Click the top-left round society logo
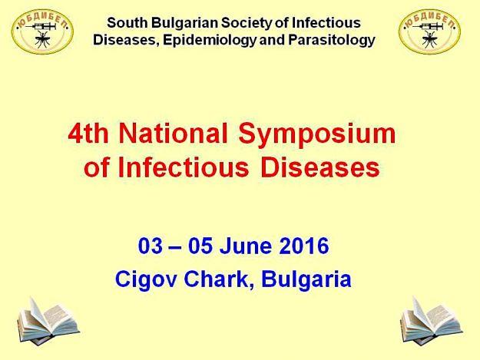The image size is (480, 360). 42,31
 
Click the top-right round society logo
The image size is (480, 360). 429,31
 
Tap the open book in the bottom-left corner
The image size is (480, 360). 48,321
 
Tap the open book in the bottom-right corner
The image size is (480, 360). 432,321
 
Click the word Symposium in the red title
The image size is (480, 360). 317,134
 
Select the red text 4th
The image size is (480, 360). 88,134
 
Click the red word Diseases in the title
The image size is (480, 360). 320,167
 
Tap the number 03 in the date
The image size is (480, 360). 151,246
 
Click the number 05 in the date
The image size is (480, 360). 200,246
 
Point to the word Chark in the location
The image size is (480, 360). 219,279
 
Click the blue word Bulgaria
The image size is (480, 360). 306,279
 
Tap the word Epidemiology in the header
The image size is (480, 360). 210,41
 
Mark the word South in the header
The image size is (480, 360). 127,22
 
